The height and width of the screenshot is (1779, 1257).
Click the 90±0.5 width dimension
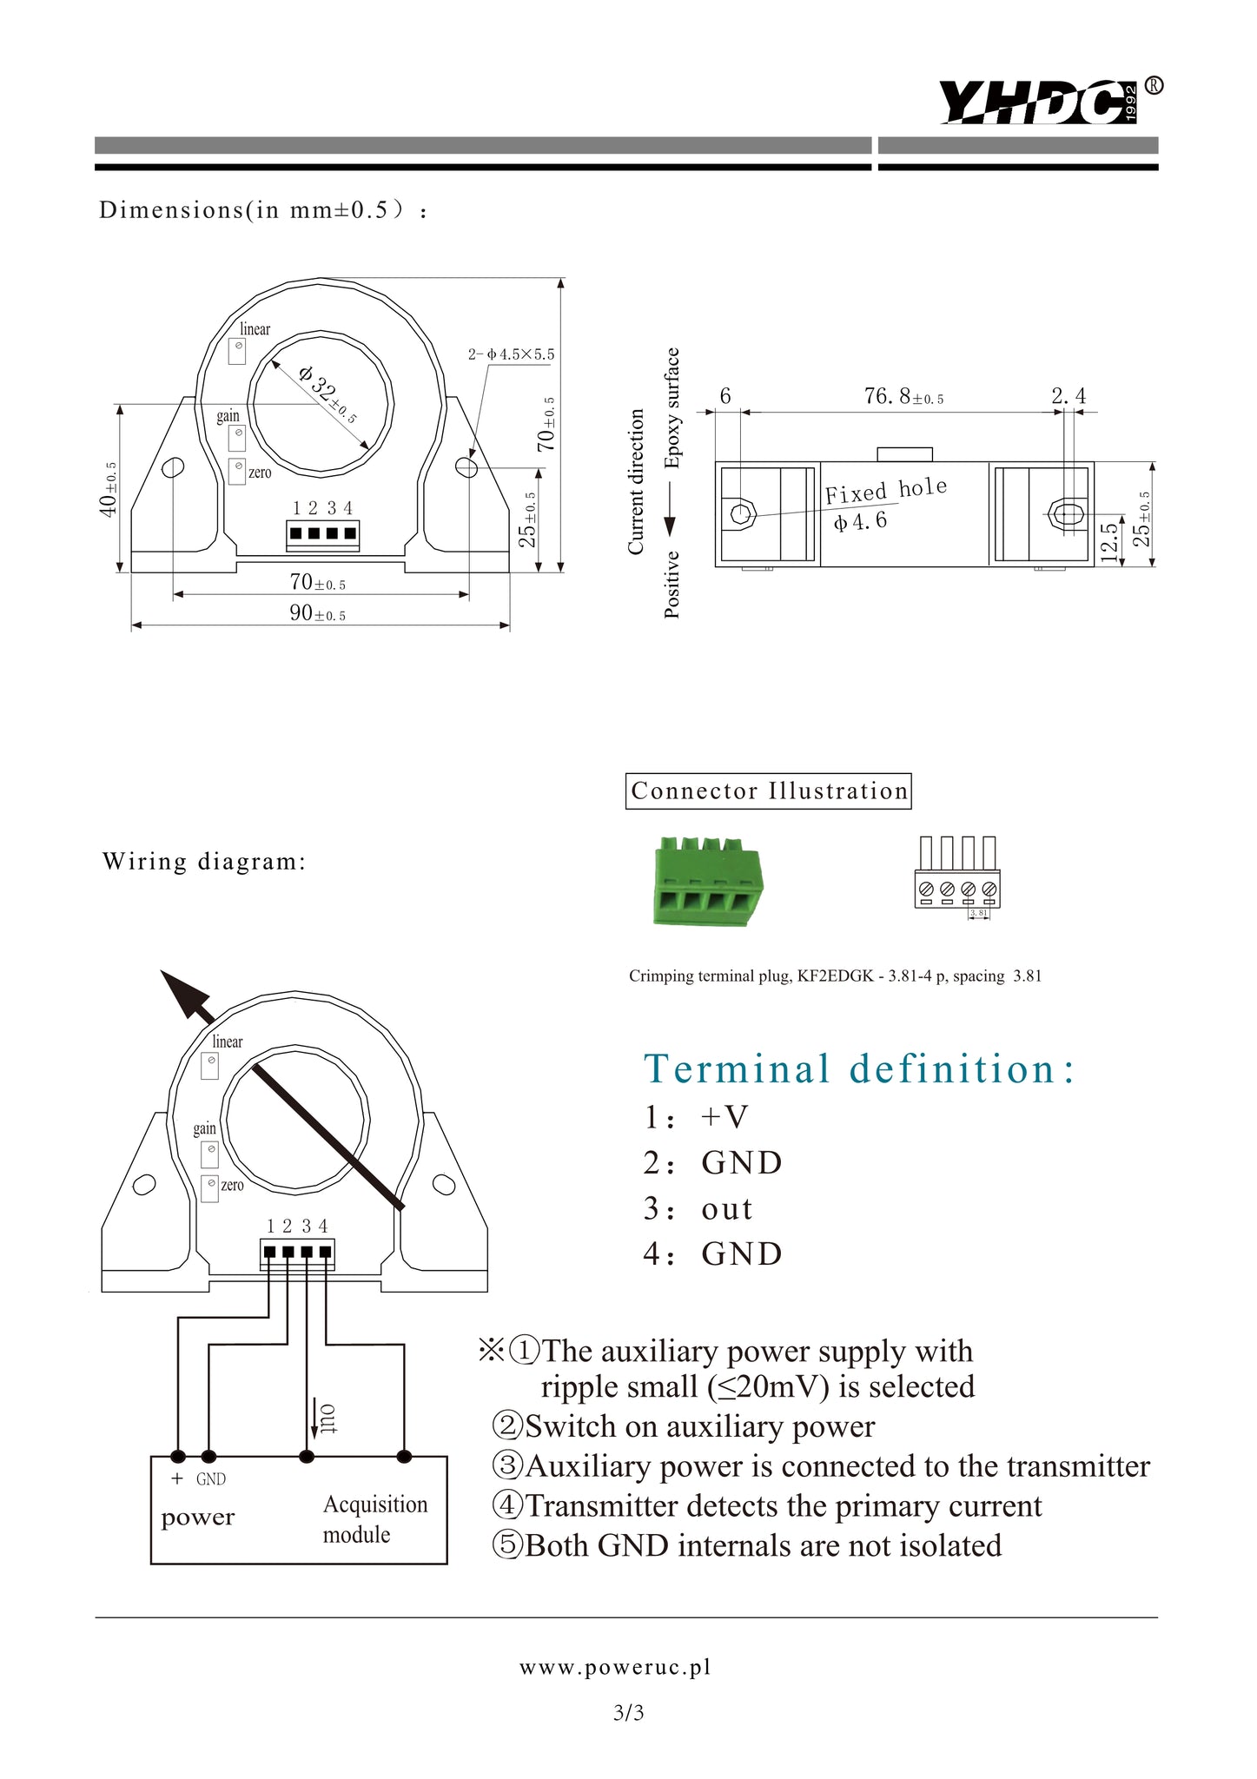pyautogui.click(x=317, y=613)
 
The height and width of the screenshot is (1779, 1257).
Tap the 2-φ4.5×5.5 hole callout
pyautogui.click(x=511, y=354)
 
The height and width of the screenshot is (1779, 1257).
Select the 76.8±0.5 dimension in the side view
pyautogui.click(x=903, y=397)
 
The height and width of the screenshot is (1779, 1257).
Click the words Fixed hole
pyautogui.click(x=885, y=491)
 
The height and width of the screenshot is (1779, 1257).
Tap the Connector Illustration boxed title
pyautogui.click(x=768, y=791)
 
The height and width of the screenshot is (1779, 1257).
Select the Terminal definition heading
pyautogui.click(x=858, y=1068)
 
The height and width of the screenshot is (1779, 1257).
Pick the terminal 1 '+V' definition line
pyautogui.click(x=695, y=1117)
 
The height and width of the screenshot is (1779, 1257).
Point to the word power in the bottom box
pyautogui.click(x=198, y=1518)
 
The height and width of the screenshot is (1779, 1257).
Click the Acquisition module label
pyautogui.click(x=375, y=1519)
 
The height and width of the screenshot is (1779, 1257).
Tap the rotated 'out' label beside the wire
pyautogui.click(x=328, y=1418)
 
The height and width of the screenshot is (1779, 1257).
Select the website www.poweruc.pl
pyautogui.click(x=615, y=1667)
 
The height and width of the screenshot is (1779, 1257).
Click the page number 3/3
pyautogui.click(x=628, y=1713)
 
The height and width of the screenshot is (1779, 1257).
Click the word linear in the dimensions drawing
pyautogui.click(x=255, y=329)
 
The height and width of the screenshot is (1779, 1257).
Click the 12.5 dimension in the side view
pyautogui.click(x=1109, y=542)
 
